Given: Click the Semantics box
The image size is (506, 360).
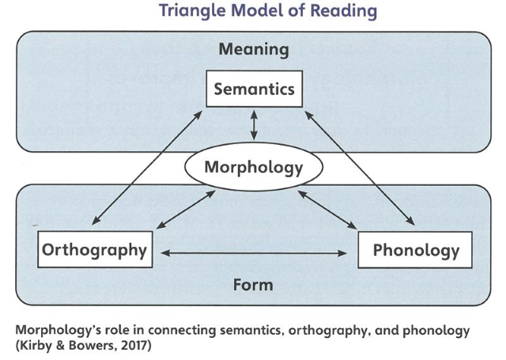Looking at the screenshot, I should coord(254,89).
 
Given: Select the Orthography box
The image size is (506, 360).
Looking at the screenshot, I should coord(94,250).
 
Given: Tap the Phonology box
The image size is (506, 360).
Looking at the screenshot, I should coord(416,251).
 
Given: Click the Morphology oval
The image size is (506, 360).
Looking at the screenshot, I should coord(253,168).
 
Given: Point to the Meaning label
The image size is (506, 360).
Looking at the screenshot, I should coord(254,50).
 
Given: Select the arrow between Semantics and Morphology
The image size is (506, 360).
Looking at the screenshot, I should coord(254,126).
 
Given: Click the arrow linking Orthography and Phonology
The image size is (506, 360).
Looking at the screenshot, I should coord(254,253).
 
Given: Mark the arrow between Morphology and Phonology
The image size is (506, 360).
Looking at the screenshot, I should coord(324,211).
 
